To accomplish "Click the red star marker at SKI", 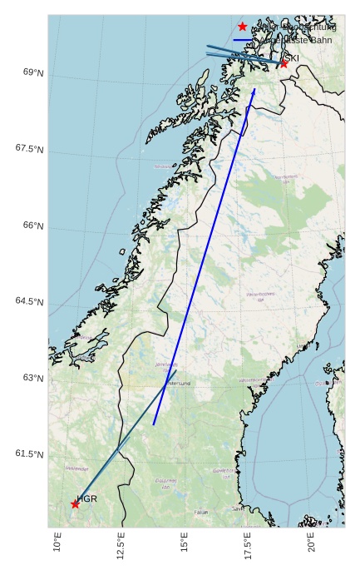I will (284, 63).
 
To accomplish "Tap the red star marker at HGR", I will (75, 503).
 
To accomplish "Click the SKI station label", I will (292, 58).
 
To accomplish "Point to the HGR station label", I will (87, 498).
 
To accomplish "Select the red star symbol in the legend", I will (243, 27).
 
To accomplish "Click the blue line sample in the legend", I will (243, 40).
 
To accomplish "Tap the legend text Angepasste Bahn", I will (297, 40).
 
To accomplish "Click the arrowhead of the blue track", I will (254, 91).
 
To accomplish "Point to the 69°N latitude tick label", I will (33, 73).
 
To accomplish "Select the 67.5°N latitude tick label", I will (30, 149).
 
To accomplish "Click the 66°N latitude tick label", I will (33, 226).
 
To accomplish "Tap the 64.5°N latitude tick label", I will (30, 301).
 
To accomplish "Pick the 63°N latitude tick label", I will (33, 378).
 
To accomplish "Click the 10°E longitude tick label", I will (57, 542).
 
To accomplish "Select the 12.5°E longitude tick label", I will (121, 545).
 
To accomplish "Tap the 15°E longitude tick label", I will (185, 542).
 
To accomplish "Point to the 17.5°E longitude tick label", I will (248, 545).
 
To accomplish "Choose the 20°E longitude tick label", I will (312, 542).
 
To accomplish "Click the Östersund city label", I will (179, 384).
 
